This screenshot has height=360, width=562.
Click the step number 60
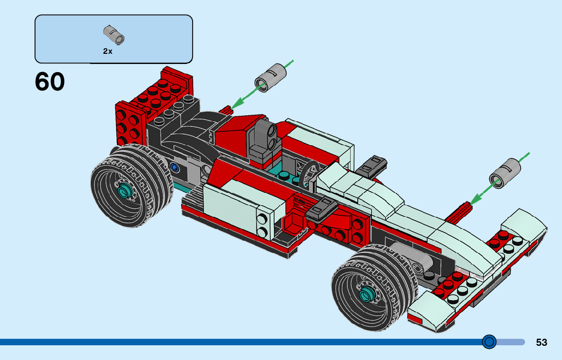pyautogui.click(x=50, y=82)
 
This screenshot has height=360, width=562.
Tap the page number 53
pyautogui.click(x=542, y=342)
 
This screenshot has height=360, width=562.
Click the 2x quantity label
pyautogui.click(x=108, y=51)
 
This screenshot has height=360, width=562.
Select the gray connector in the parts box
pyautogui.click(x=114, y=35)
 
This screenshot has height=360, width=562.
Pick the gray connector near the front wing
pyautogui.click(x=505, y=173)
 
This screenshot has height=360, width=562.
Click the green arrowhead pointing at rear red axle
pyautogui.click(x=237, y=104)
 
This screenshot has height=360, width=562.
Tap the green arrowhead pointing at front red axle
pyautogui.click(x=476, y=199)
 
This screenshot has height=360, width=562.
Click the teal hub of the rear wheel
pyautogui.click(x=124, y=189)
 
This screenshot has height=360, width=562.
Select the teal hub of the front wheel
pyautogui.click(x=366, y=293)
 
